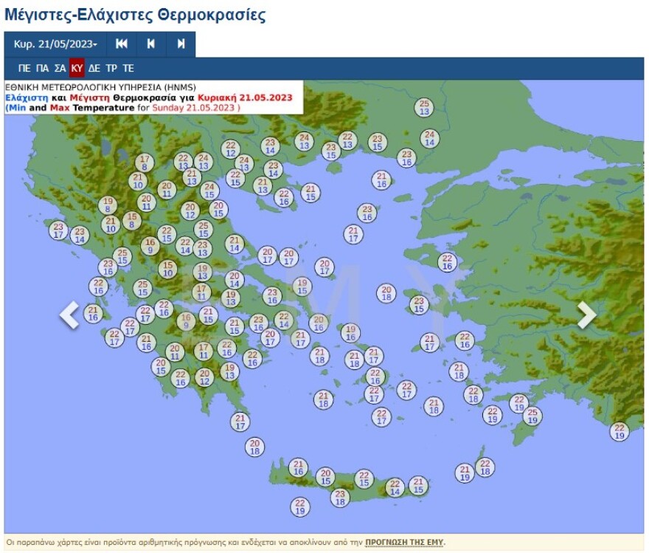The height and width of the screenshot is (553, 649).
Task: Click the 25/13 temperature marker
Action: (x=424, y=108)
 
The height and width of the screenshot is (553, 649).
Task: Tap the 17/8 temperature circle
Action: (x=145, y=162)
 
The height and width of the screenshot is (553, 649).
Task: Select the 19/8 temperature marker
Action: (x=108, y=205)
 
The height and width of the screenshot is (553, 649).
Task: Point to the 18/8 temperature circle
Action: (x=132, y=220)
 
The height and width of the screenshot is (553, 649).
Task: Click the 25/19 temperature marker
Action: (x=531, y=416)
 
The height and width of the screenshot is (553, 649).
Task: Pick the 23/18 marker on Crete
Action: (x=339, y=498)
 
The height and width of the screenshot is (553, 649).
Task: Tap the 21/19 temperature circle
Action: (x=464, y=473)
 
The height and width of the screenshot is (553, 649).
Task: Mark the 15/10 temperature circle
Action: (x=168, y=269)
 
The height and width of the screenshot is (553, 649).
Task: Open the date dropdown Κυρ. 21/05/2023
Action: (x=55, y=44)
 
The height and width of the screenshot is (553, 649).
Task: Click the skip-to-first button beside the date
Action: (x=122, y=44)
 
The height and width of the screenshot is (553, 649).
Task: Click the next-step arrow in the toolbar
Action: (x=181, y=44)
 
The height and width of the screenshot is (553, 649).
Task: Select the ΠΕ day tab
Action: (x=24, y=69)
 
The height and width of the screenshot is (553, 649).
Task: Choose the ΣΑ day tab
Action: (x=60, y=69)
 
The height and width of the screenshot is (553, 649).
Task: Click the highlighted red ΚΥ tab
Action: (x=77, y=69)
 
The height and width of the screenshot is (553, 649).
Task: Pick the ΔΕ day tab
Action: (x=94, y=69)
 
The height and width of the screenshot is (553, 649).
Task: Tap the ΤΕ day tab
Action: (x=128, y=69)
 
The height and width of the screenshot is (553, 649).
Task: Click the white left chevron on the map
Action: (x=69, y=315)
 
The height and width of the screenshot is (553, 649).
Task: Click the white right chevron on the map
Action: (x=586, y=315)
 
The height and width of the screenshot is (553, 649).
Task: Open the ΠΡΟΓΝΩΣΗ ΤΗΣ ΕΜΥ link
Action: (x=405, y=543)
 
